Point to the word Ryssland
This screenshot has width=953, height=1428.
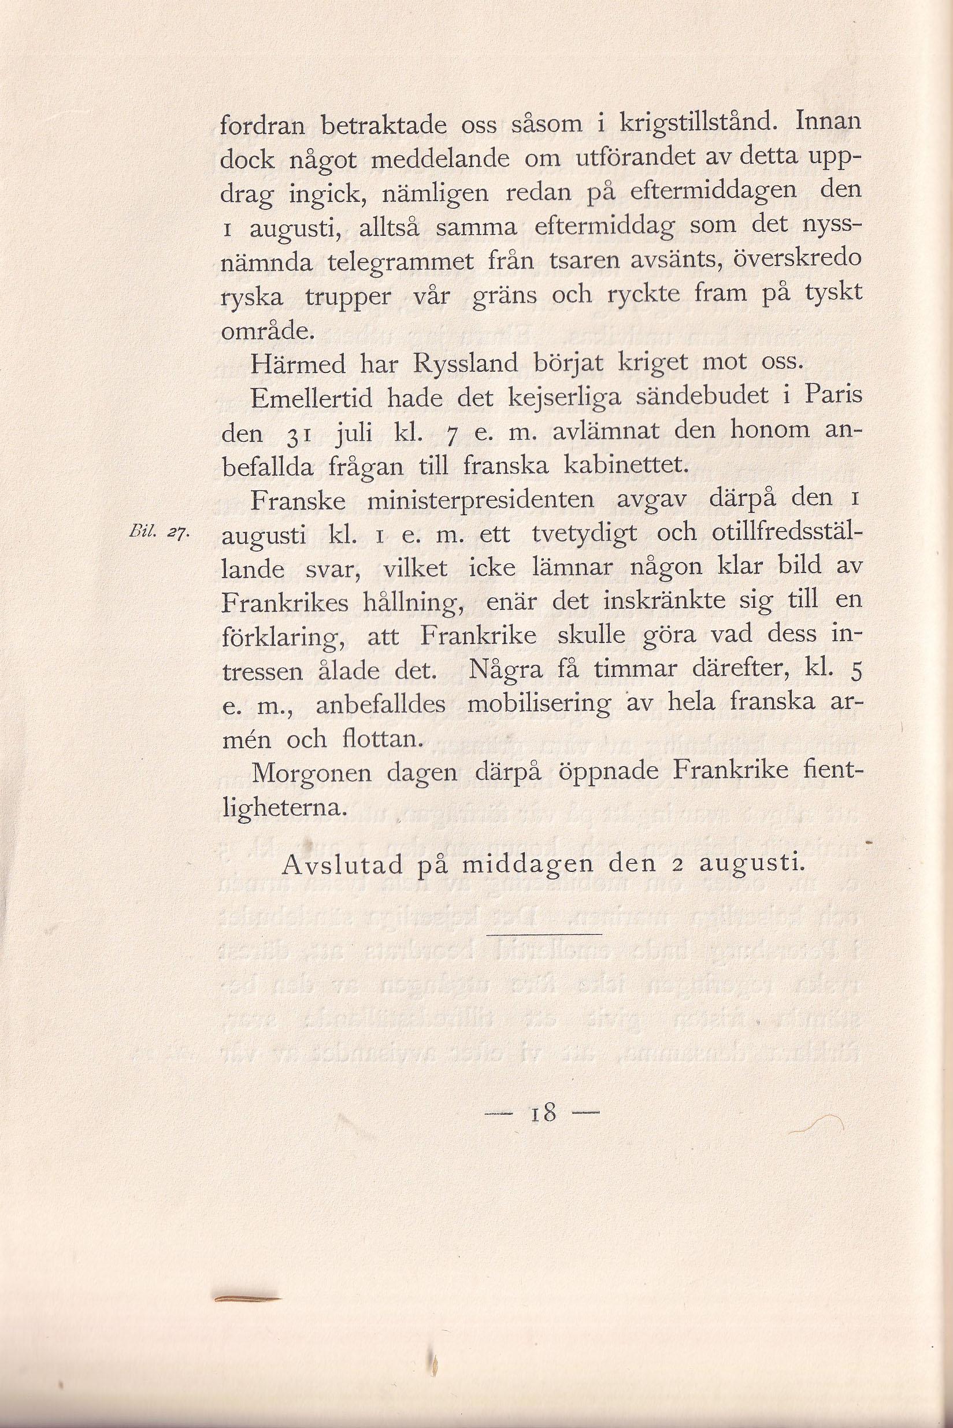point(466,364)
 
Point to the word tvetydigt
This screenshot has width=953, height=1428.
point(585,535)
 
